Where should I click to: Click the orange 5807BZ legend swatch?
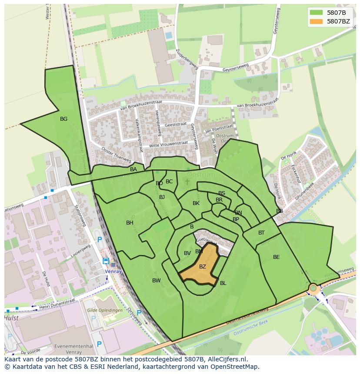pyautogui.click(x=317, y=21)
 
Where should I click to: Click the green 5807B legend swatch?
pyautogui.click(x=317, y=12)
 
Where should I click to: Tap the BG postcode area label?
pyautogui.click(x=64, y=119)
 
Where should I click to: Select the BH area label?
pyautogui.click(x=130, y=223)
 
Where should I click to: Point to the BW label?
pyautogui.click(x=157, y=281)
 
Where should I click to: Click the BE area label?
pyautogui.click(x=277, y=257)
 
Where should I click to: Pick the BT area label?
pyautogui.click(x=261, y=233)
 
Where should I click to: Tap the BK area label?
pyautogui.click(x=196, y=203)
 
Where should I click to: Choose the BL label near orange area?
pyautogui.click(x=223, y=283)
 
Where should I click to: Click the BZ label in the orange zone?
pyautogui.click(x=203, y=267)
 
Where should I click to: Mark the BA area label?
pyautogui.click(x=133, y=169)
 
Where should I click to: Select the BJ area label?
pyautogui.click(x=162, y=197)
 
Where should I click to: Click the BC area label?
pyautogui.click(x=169, y=182)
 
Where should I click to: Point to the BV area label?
pyautogui.click(x=187, y=253)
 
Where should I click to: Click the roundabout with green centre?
pyautogui.click(x=313, y=288)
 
